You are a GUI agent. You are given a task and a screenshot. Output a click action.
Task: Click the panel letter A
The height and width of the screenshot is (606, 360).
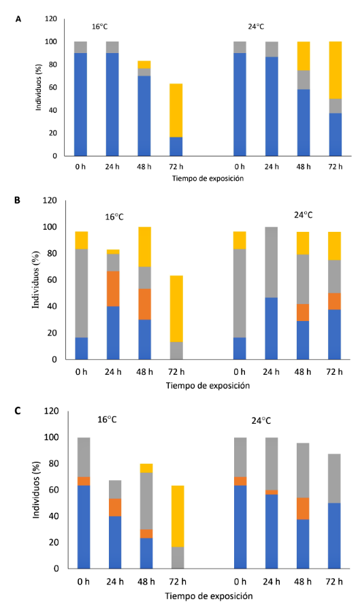tap(18, 18)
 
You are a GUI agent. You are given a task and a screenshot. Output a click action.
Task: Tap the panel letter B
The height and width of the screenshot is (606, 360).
tap(18, 201)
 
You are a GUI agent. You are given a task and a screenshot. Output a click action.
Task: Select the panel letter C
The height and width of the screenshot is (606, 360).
tap(18, 410)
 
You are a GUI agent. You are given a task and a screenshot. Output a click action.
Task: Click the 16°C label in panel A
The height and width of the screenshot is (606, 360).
tap(99, 27)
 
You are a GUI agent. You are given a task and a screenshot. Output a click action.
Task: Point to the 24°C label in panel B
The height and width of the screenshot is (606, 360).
tap(303, 215)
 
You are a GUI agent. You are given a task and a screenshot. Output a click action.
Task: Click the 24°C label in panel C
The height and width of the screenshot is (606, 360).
tap(261, 420)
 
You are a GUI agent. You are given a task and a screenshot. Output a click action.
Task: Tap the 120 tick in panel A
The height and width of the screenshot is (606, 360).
tap(50, 18)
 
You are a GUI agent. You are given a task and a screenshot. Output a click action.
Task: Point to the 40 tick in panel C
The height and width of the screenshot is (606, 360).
tap(54, 516)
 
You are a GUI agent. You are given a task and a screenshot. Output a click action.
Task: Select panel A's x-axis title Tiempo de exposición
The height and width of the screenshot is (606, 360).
tap(208, 178)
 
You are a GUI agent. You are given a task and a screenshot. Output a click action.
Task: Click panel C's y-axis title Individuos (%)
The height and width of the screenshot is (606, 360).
tap(36, 490)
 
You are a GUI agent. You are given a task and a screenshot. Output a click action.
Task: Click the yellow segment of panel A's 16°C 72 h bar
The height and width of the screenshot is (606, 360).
tap(176, 111)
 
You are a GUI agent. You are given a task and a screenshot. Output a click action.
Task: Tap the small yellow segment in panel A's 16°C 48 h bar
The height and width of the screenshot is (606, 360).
tap(144, 65)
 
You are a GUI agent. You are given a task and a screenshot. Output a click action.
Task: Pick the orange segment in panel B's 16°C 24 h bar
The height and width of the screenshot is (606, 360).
tap(113, 288)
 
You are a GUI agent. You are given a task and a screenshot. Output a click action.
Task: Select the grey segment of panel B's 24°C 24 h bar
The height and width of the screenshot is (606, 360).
tap(272, 263)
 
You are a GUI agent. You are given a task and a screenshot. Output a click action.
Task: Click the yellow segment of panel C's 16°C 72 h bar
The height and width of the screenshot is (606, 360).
tap(178, 516)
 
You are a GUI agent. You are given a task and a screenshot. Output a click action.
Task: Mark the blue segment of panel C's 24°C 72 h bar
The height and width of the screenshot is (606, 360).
tap(334, 536)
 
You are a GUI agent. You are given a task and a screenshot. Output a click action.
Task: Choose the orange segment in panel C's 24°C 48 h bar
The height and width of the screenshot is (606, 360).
tap(303, 508)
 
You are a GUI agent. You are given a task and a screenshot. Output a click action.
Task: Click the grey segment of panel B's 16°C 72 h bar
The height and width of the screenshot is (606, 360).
tap(176, 351)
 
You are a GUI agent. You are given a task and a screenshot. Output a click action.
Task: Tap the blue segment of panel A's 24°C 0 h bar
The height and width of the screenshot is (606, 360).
tap(240, 104)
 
